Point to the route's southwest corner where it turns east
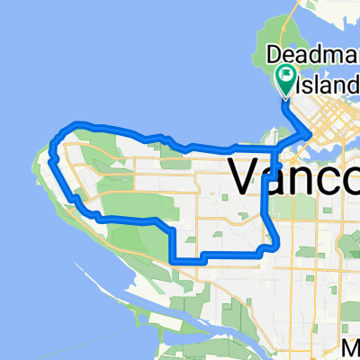[172, 260]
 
